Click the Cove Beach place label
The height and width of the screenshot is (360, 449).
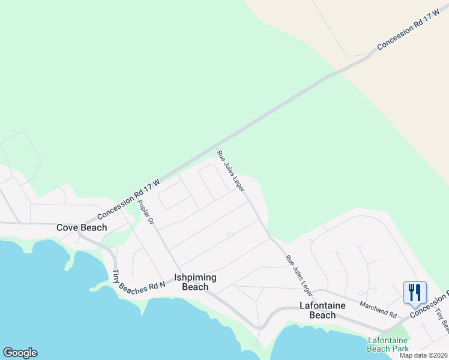82,227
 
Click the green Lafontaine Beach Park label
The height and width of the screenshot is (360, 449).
388,344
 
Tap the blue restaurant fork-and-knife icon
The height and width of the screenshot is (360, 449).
415,293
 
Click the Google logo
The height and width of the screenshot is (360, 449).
20,353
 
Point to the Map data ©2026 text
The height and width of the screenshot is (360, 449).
423,355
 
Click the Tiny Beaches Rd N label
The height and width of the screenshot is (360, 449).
138,282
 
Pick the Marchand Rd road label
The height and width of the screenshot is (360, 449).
378,305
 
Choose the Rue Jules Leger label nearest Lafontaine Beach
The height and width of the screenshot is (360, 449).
299,276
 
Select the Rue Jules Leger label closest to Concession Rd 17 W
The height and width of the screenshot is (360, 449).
231,171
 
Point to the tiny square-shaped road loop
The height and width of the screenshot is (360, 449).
229,234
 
